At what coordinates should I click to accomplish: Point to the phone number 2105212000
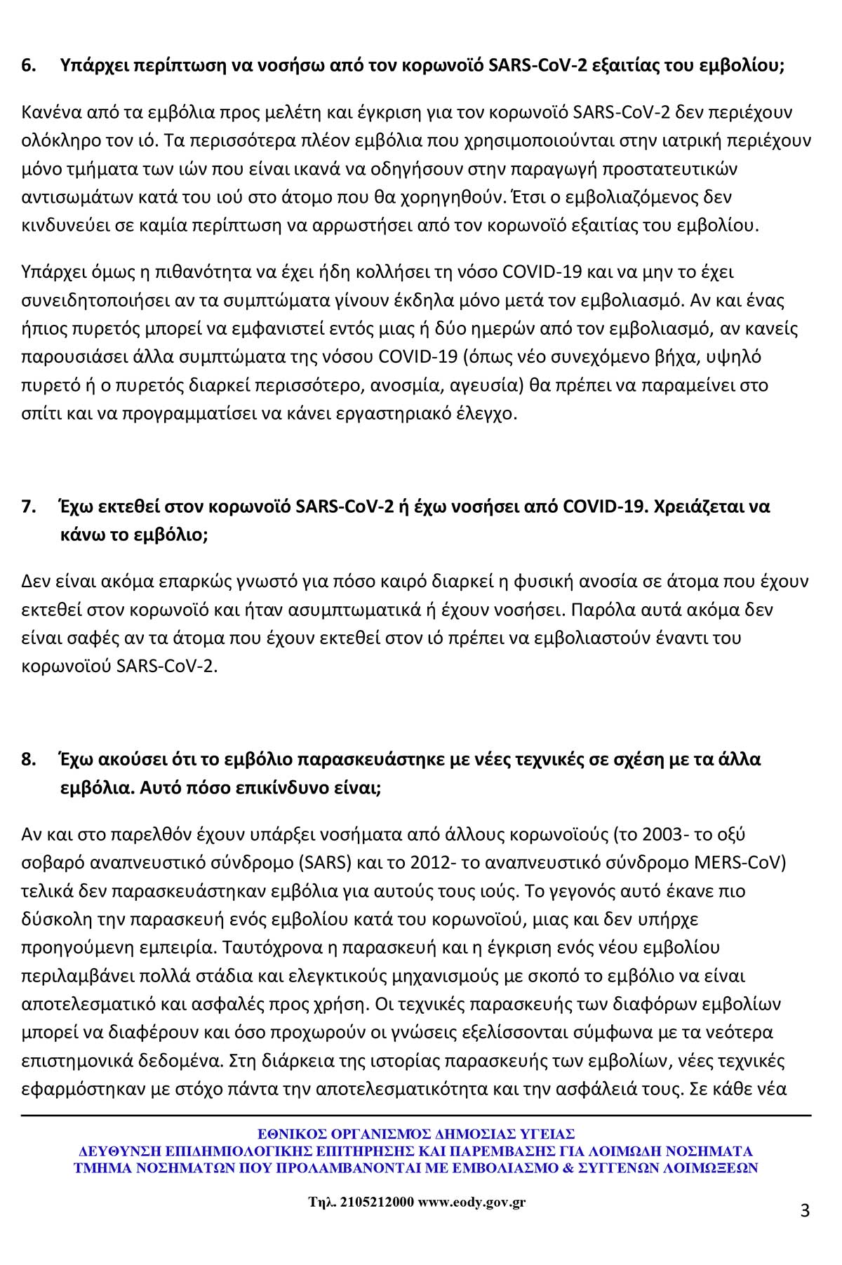pyautogui.click(x=376, y=1202)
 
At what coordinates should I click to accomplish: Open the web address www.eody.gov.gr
pyautogui.click(x=472, y=1202)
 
